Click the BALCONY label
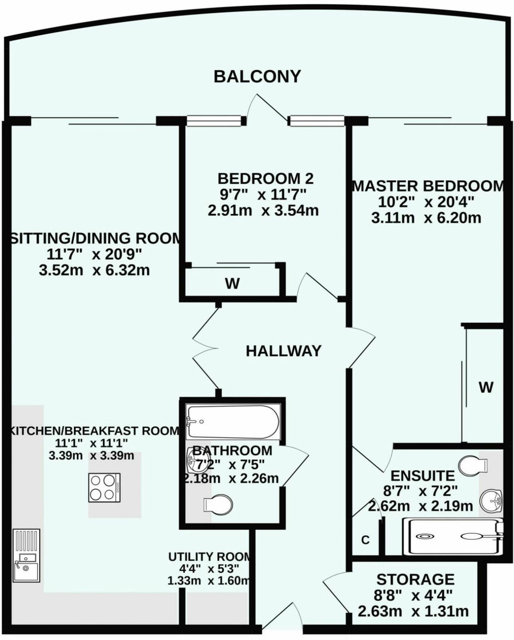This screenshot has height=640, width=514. [257, 77]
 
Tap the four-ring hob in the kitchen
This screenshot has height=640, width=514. [104, 487]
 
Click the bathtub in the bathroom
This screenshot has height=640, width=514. [232, 422]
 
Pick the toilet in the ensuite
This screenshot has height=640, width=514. [472, 465]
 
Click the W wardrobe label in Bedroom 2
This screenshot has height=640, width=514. [232, 284]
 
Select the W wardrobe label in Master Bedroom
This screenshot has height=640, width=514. [486, 387]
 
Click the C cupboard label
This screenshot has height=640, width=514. [365, 540]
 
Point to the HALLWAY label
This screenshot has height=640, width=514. [284, 351]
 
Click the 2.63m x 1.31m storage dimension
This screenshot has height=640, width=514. [413, 612]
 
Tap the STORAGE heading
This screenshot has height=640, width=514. [415, 580]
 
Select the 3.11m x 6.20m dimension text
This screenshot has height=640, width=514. [426, 218]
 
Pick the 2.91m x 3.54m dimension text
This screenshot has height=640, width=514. [263, 211]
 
